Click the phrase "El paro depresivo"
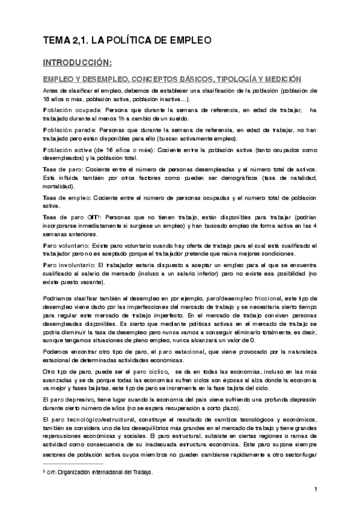pos(67,399)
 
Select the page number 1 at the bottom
pos(315,490)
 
